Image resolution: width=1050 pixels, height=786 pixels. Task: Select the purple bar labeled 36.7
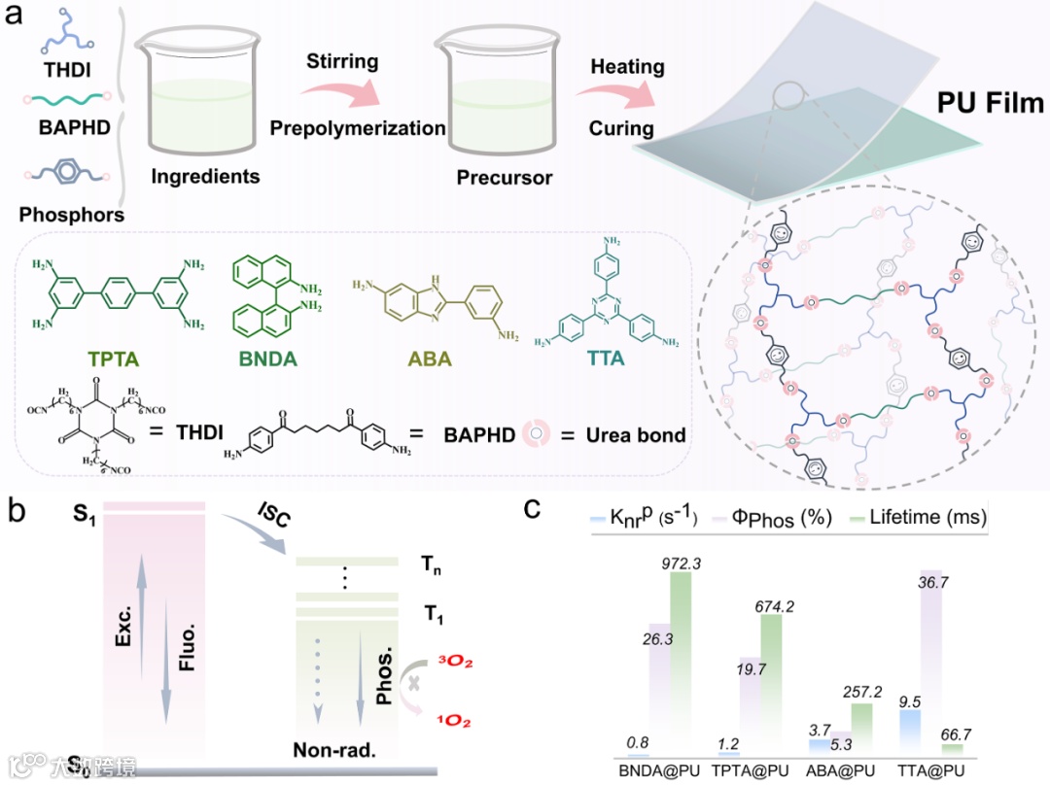click(931, 661)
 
